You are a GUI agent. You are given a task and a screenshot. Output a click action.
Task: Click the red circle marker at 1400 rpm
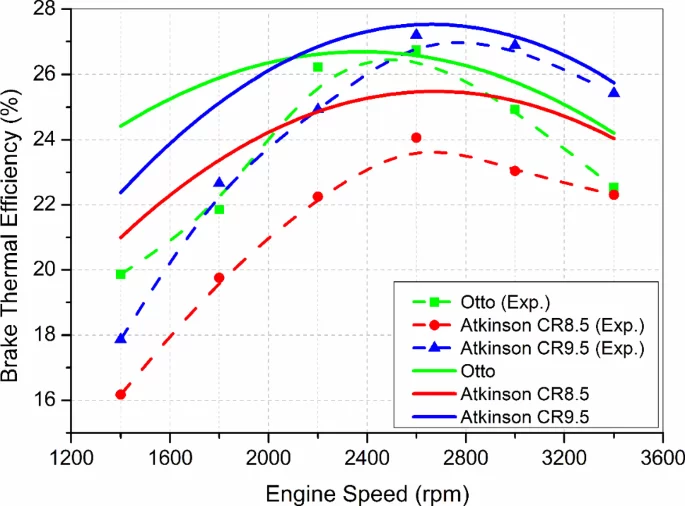(x=121, y=394)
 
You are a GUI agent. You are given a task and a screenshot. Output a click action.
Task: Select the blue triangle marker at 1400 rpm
(x=121, y=338)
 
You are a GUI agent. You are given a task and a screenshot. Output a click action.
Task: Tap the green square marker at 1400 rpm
(x=121, y=274)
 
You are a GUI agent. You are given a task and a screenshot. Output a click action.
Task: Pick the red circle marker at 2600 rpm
(x=416, y=137)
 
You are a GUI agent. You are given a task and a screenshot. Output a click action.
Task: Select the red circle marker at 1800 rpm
(x=219, y=278)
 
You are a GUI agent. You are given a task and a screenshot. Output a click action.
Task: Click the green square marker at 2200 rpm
(x=318, y=67)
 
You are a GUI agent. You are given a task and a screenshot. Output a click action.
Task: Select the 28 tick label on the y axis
(x=48, y=9)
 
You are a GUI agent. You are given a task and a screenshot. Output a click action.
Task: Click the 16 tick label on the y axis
(x=48, y=400)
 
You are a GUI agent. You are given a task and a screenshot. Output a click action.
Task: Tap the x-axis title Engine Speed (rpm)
(x=366, y=492)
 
